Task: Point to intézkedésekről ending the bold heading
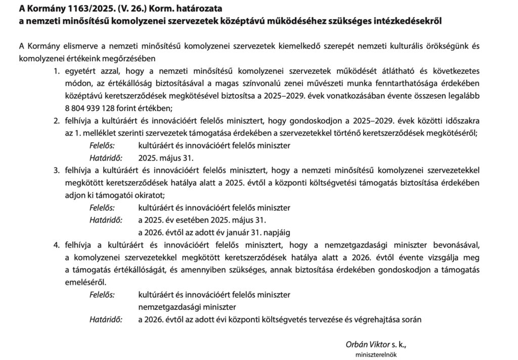[409, 21]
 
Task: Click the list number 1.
[57, 70]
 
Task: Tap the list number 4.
[57, 245]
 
